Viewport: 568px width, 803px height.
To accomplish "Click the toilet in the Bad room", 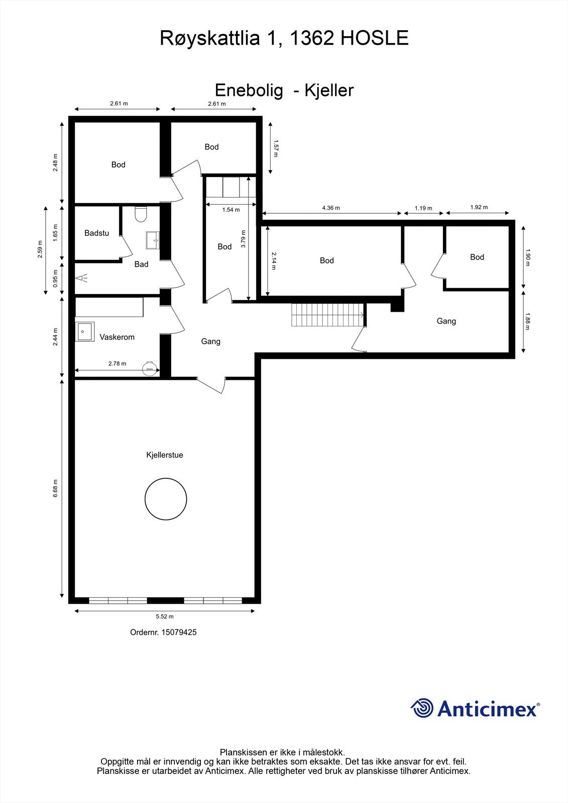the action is click(x=141, y=214).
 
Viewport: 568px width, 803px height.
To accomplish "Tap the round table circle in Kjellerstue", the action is click(x=145, y=499).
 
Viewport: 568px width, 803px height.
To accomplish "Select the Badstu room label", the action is click(x=96, y=233).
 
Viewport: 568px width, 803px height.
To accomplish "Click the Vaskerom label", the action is click(x=117, y=337).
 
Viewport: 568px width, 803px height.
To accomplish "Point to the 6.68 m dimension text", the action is click(x=55, y=488).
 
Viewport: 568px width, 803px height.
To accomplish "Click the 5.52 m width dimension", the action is click(x=165, y=617).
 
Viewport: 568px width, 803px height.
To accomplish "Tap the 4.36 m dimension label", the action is click(x=331, y=208).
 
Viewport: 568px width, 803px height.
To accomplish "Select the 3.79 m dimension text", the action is click(x=244, y=239).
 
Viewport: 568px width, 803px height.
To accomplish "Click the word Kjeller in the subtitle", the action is click(x=329, y=90).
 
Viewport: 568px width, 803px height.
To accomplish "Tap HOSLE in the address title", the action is click(x=375, y=38).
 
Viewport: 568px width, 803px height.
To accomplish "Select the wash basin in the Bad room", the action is click(x=153, y=240).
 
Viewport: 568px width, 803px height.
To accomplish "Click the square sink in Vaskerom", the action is click(x=85, y=332).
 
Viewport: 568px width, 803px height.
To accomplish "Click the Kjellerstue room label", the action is click(x=165, y=455).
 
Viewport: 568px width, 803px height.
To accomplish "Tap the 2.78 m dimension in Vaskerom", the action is click(x=118, y=363).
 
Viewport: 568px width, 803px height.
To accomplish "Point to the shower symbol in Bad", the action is click(x=81, y=278).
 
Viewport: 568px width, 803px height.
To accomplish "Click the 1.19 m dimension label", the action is click(x=423, y=208).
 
